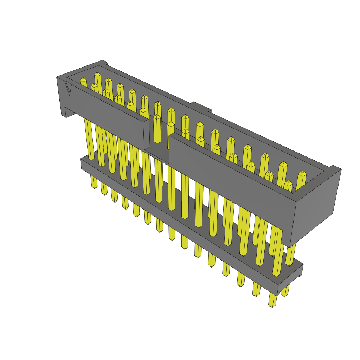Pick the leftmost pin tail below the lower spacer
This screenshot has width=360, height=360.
(94, 182)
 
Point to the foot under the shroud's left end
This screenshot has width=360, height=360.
(67, 112)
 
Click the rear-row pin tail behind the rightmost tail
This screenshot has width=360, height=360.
(285, 291)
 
